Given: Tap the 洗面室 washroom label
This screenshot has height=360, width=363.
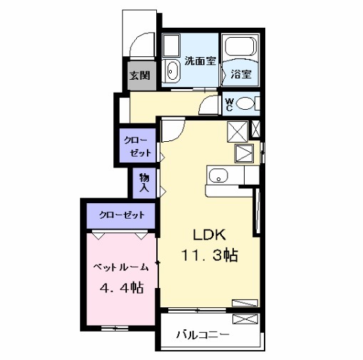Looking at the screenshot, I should (200, 61).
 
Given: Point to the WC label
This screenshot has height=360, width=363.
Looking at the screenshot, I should (229, 105).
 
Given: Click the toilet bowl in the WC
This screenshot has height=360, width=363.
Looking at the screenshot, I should (246, 104).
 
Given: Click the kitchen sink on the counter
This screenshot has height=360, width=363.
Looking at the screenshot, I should (218, 175).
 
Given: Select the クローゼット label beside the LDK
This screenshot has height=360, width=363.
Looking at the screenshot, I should (137, 146).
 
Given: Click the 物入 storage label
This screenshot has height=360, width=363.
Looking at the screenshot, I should (144, 182).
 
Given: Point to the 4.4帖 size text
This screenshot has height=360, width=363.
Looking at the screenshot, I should (121, 289).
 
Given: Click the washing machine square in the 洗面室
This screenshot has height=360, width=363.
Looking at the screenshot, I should (172, 46).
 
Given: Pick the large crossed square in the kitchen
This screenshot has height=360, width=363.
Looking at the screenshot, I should (237, 131).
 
